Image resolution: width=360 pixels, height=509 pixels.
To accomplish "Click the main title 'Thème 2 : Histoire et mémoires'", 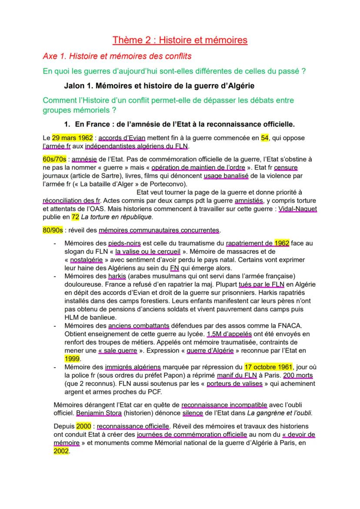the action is [180, 40].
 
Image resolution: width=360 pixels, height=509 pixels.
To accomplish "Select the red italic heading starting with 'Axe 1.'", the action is [117, 57].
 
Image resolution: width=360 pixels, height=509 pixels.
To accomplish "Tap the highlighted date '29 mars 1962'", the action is [72, 138].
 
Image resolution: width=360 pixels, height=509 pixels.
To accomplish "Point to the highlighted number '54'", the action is [265, 138].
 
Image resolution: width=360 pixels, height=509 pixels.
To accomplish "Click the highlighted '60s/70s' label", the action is [55, 160].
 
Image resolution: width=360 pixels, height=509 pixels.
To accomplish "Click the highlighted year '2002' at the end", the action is [61, 451].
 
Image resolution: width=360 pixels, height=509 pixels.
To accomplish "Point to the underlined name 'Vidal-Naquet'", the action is [297, 209].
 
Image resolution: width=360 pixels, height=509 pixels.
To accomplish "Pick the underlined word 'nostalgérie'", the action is [87, 259].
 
